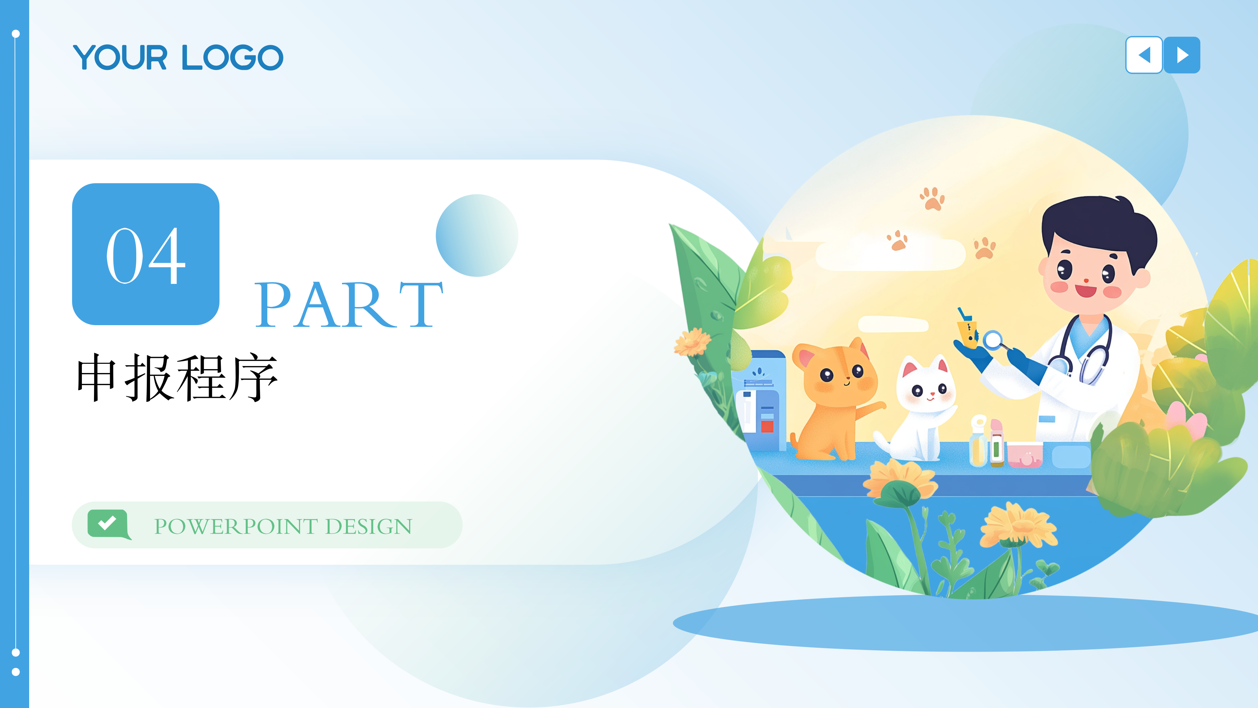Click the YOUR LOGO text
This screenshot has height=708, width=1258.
(178, 57)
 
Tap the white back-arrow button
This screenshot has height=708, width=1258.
(1144, 55)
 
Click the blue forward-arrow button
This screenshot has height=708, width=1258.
(1182, 55)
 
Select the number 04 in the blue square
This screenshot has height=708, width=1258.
(145, 256)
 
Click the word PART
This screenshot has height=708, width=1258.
(349, 305)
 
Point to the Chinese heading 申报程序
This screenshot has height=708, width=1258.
(177, 377)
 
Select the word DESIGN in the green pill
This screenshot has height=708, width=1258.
(368, 526)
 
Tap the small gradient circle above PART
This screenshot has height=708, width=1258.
(477, 236)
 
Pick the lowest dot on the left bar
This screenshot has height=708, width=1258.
(16, 672)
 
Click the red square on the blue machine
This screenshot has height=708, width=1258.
(767, 426)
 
